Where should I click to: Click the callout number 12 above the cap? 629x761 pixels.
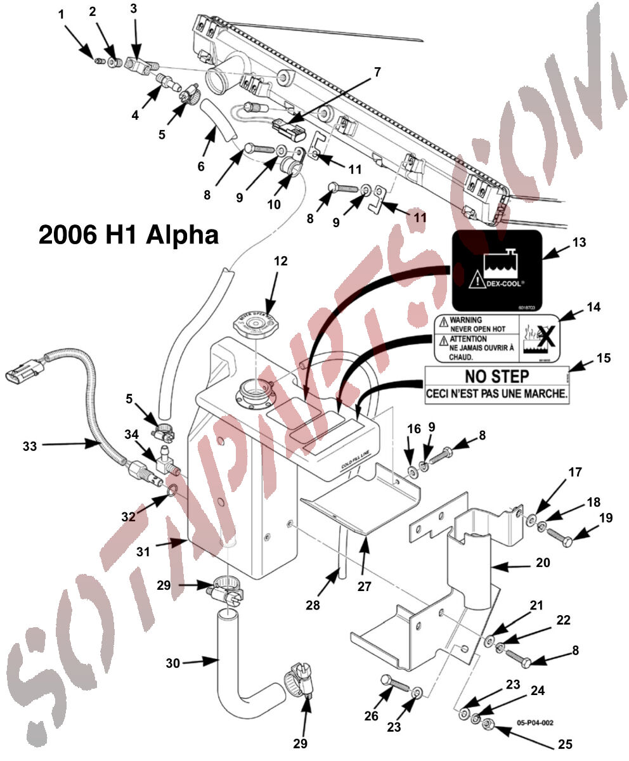(x=280, y=261)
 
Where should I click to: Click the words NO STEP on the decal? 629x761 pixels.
(x=496, y=376)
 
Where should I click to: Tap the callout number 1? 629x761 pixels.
(x=62, y=14)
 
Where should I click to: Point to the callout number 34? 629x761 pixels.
(x=131, y=435)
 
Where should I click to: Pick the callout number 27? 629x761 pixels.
(x=364, y=586)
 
